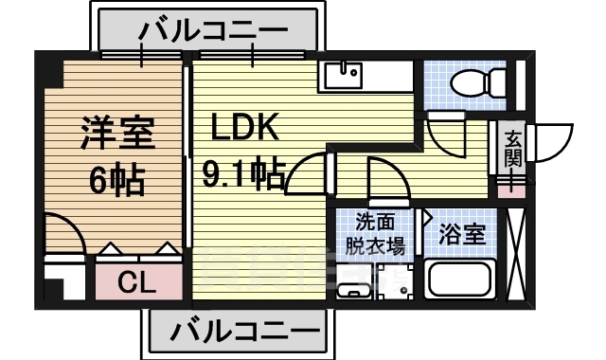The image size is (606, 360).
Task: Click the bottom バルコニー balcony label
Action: pos(244,332)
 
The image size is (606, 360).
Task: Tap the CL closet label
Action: pos(137,283)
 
